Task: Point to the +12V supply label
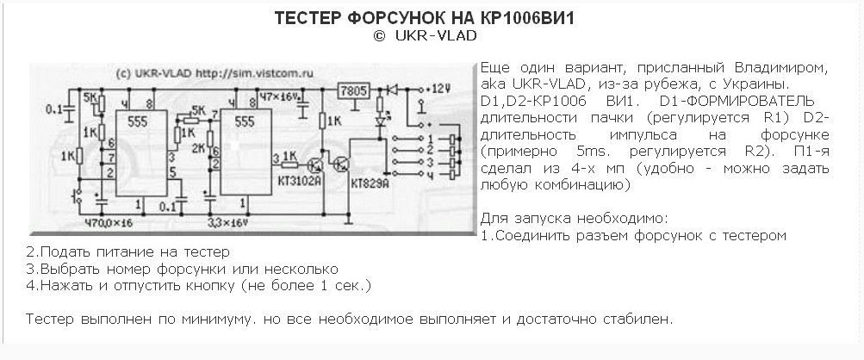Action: pyautogui.click(x=438, y=88)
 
